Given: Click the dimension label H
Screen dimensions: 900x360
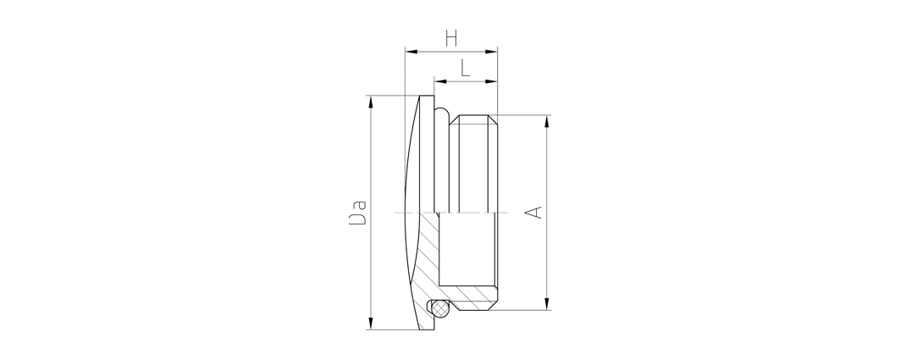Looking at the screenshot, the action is tap(452, 38).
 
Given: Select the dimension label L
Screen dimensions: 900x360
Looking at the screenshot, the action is tap(465, 69).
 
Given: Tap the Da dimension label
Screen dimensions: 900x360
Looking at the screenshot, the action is tap(357, 212).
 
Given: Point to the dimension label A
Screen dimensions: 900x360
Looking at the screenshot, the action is tap(533, 212).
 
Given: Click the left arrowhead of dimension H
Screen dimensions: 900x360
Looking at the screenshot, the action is tap(411, 52).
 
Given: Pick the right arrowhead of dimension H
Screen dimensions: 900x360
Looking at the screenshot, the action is tap(491, 52).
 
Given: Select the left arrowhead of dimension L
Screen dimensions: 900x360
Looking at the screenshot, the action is tap(440, 81).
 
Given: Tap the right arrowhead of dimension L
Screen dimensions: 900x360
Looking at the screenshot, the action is tap(491, 81).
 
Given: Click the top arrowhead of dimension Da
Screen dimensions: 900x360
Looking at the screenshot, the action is tap(371, 102).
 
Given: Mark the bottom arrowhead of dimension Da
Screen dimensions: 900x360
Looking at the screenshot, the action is tap(371, 324).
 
